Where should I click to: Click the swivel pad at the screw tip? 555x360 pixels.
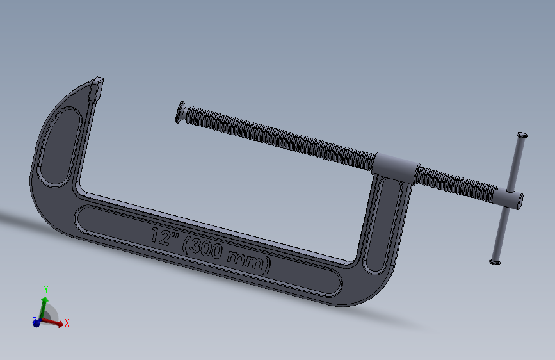click(x=180, y=111)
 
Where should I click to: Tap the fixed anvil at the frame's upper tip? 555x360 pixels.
click(x=95, y=88)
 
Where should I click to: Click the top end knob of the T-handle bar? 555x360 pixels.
click(x=522, y=135)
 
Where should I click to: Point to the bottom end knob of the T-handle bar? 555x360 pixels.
click(x=495, y=262)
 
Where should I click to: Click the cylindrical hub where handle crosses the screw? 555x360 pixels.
click(x=509, y=198)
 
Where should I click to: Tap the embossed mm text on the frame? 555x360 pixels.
click(x=246, y=259)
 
